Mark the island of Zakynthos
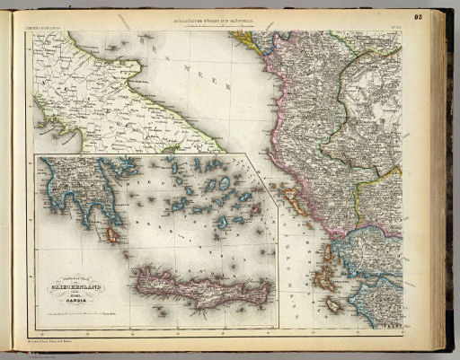[x=334, y=306]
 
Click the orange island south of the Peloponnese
[x=113, y=236]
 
